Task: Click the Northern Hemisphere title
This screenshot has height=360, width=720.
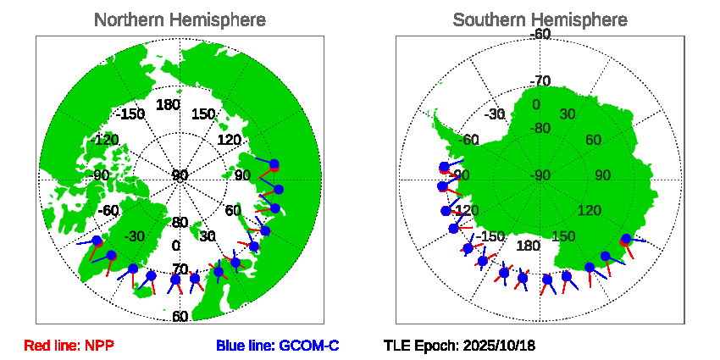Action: pos(179,19)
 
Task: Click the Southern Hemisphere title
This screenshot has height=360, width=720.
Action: pos(540,19)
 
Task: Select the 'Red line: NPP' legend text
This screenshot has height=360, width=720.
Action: pos(69,346)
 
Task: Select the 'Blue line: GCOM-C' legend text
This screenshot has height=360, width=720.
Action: pos(277,346)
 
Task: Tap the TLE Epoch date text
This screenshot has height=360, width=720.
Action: pos(459,346)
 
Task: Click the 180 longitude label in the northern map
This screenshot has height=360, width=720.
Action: pos(168,105)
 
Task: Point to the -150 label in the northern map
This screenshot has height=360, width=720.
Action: pos(131,114)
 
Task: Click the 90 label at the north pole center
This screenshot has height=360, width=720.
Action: pos(180,175)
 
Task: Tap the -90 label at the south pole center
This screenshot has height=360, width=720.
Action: pos(540,175)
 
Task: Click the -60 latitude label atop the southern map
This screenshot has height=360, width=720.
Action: pos(540,34)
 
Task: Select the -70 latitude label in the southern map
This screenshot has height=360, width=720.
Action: pos(540,81)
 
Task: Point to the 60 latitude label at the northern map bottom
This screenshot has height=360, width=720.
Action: pos(180,317)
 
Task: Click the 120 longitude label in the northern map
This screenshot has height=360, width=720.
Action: pos(230,140)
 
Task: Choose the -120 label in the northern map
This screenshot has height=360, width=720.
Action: pos(106,140)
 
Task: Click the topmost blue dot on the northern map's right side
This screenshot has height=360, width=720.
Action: pos(274,163)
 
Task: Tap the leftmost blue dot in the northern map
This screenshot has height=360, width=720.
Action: pos(97,241)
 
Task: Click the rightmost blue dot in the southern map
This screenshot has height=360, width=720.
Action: pos(626,239)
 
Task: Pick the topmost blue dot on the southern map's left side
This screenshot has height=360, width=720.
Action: pos(445,167)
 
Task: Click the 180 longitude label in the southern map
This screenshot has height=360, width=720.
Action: pos(528,246)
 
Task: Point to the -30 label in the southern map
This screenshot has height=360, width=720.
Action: pos(496,114)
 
